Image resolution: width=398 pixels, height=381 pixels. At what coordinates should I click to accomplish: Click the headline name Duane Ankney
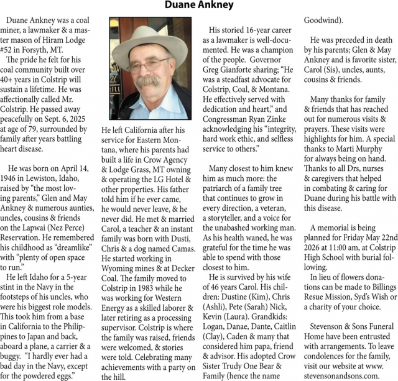(199, 6)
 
